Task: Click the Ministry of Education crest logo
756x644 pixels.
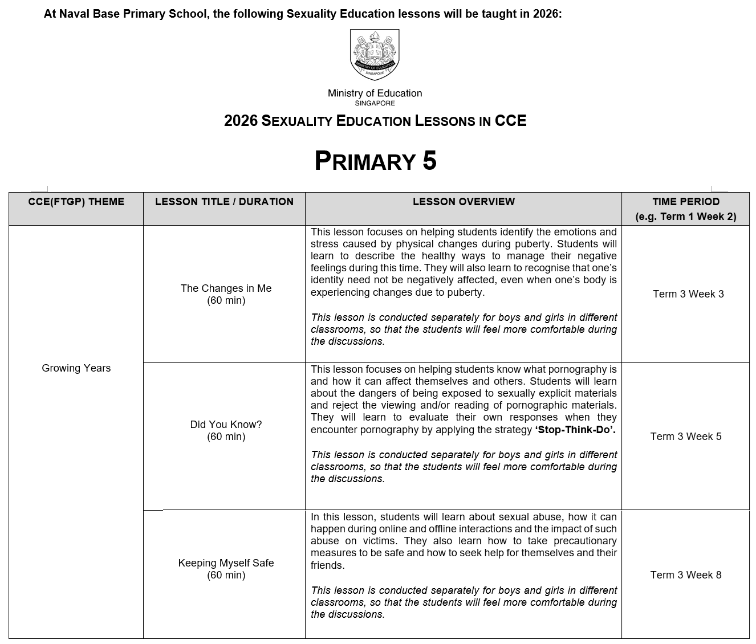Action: [x=375, y=55]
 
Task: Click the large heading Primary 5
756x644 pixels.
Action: [x=375, y=161]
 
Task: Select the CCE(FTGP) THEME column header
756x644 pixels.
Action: [x=76, y=202]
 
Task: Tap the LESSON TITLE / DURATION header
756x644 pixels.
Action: [x=224, y=202]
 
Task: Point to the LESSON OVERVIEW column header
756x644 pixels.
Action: [x=464, y=202]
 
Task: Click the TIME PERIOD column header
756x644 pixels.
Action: [x=686, y=202]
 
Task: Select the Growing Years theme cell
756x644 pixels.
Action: [x=76, y=368]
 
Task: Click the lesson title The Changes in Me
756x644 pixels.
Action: [x=226, y=288]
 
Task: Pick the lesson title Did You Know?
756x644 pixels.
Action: [x=226, y=425]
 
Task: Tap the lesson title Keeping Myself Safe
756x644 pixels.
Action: [x=226, y=563]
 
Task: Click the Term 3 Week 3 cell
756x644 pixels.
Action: [x=688, y=294]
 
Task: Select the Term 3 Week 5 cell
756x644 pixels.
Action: [x=686, y=437]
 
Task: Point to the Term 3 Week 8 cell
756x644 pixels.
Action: [x=686, y=575]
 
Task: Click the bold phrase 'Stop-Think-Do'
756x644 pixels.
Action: [x=575, y=430]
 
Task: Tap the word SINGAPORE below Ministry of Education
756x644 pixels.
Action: [x=375, y=104]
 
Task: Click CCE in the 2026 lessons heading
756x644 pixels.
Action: [x=510, y=121]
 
